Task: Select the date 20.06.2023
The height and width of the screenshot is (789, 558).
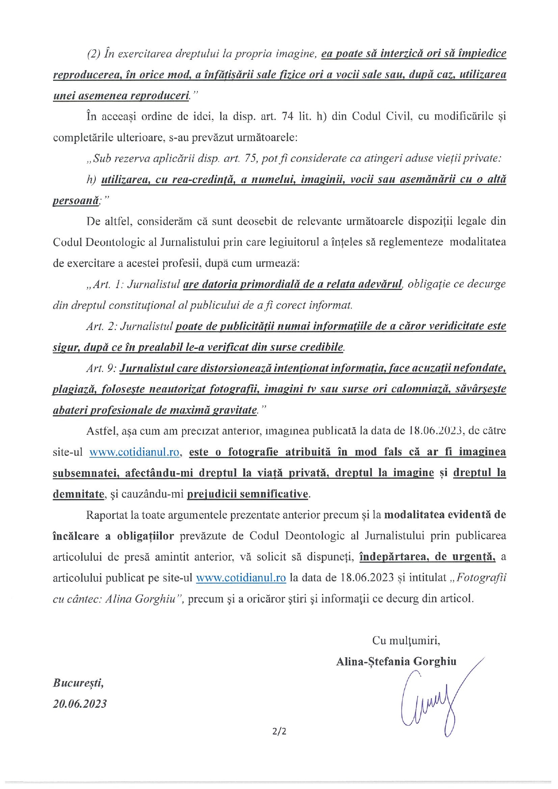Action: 80,704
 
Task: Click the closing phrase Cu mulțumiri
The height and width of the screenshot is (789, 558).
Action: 406,640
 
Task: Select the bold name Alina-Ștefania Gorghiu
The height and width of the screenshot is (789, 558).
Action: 396,661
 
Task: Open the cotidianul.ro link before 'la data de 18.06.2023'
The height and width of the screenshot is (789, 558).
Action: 241,578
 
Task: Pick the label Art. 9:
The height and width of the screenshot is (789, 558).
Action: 102,368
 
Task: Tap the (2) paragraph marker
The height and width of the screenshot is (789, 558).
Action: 93,53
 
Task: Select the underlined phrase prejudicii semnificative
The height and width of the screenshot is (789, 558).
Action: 248,494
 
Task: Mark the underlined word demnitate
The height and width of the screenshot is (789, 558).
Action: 78,494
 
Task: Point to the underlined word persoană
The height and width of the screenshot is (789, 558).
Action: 76,201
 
